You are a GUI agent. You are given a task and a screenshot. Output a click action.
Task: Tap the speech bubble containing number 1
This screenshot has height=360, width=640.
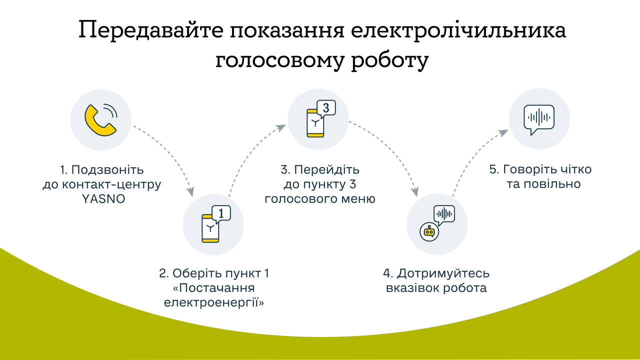[x=221, y=213]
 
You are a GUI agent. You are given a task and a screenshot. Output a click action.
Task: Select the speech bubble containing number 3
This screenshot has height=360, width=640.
[x=326, y=108]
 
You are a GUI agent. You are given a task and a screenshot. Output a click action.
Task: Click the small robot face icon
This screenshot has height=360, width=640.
[x=428, y=231]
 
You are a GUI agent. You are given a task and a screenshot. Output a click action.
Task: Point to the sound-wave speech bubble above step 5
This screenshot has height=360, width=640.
[x=539, y=119]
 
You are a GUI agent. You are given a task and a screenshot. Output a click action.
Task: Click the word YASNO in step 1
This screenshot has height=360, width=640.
[x=102, y=198]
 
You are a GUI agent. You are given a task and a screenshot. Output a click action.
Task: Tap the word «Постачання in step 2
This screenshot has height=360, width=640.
[x=214, y=288]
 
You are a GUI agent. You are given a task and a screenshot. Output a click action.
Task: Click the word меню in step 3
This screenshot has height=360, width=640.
[x=358, y=198]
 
